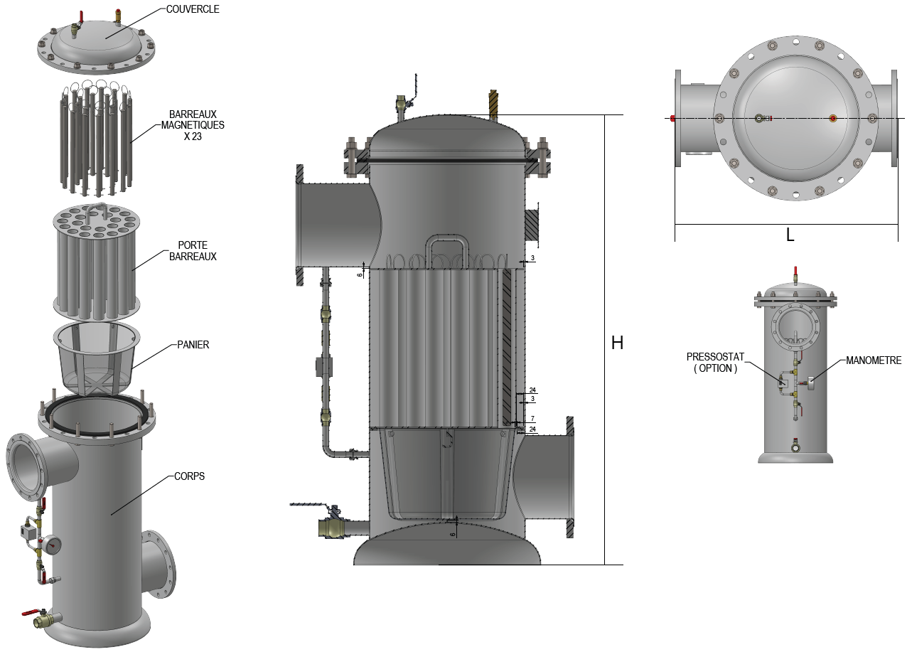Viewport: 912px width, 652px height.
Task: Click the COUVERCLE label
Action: [x=193, y=9]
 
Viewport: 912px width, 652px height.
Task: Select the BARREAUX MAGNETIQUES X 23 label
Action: [x=193, y=125]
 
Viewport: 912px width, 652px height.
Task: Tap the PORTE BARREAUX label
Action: [x=193, y=251]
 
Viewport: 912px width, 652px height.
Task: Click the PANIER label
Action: [x=193, y=345]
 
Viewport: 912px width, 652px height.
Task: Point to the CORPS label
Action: [x=189, y=476]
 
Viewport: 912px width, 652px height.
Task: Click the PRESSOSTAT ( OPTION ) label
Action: [x=715, y=363]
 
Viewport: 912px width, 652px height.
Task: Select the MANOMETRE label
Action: [x=874, y=360]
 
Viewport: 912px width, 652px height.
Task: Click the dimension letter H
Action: [x=617, y=343]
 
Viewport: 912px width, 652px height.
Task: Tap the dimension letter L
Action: [x=790, y=235]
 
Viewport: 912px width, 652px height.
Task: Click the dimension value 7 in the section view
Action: [x=532, y=419]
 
